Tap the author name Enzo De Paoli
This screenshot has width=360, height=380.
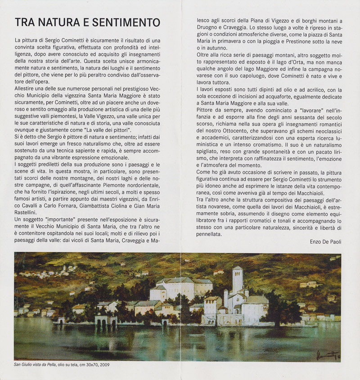(x=326, y=241)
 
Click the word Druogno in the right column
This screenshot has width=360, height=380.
(x=208, y=27)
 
